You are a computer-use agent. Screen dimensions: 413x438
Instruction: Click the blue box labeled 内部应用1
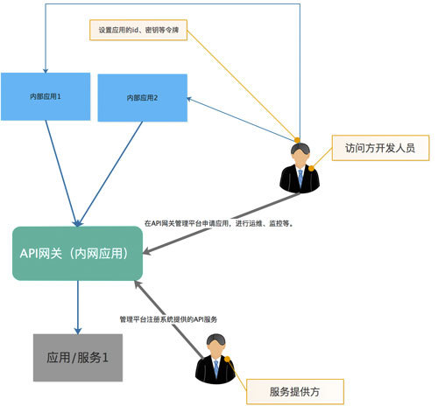tap(46, 95)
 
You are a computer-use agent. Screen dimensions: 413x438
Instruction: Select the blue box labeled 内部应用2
tap(142, 98)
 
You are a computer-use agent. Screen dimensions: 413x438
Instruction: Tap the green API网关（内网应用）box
tap(77, 253)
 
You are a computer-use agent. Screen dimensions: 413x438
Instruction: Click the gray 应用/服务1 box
tap(78, 357)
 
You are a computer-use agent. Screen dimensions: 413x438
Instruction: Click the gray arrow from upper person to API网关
tap(215, 224)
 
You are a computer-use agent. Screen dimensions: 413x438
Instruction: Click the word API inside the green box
tap(32, 253)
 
